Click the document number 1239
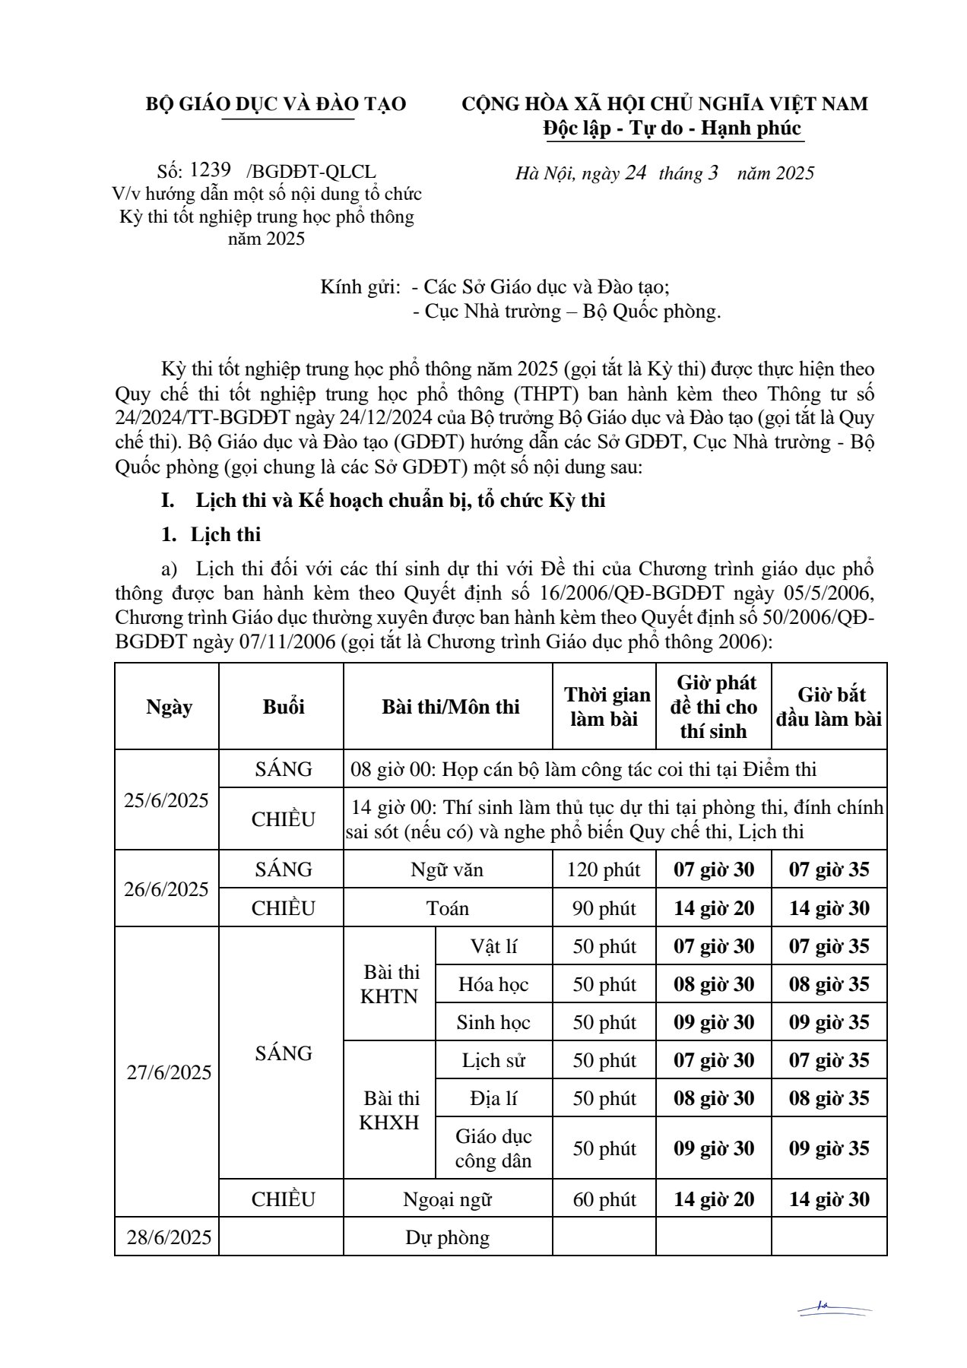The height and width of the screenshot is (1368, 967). coord(210,170)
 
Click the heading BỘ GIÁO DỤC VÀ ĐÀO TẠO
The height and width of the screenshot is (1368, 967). coord(276,104)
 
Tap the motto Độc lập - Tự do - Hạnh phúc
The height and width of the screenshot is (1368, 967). coord(673,128)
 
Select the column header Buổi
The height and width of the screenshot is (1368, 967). coord(283,707)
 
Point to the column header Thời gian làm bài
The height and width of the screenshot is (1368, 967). coord(605,707)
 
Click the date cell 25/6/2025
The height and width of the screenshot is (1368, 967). coord(166,800)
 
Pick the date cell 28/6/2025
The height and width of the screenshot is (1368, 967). coord(169,1237)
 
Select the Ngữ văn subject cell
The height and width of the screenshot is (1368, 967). coord(447,869)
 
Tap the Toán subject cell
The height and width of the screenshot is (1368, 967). coord(447,908)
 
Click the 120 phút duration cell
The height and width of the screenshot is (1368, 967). coord(604,869)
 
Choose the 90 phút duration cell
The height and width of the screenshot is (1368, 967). coord(604,908)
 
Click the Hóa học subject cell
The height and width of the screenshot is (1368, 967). coord(493,984)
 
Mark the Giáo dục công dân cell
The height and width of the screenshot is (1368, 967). coord(493,1148)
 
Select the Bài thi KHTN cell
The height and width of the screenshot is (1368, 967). coord(389,984)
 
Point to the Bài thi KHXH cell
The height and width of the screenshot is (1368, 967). coord(389,1110)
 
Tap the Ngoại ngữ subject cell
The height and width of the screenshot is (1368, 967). coord(447,1199)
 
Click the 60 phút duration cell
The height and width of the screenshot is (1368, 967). coord(604,1199)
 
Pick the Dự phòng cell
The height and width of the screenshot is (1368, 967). coord(447,1237)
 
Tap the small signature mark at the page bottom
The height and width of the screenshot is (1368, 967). coord(834,1309)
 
